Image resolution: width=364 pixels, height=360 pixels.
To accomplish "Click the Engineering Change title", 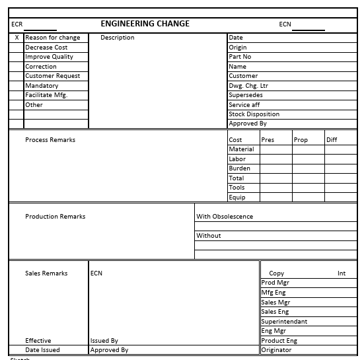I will point(145,24).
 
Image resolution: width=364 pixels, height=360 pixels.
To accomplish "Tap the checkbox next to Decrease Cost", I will point(17,48).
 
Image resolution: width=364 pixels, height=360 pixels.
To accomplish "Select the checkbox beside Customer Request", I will point(17,76).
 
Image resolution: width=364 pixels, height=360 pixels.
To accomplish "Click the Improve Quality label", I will point(49,57).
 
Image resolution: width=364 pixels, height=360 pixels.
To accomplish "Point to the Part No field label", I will point(240,57).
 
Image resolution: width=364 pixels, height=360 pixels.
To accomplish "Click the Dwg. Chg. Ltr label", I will point(248,86).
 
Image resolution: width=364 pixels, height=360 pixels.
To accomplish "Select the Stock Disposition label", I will point(254,114).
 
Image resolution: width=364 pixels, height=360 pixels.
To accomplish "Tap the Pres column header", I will point(268,140).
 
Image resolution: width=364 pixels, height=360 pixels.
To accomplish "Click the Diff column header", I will point(332,140).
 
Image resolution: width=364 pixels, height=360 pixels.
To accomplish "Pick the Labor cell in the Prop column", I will point(308,159).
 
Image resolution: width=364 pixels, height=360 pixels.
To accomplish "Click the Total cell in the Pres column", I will point(275,178).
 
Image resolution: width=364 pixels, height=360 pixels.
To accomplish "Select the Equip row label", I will point(237,198).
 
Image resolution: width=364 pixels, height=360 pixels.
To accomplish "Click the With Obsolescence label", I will point(225,217).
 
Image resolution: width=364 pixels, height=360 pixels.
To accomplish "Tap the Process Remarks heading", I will point(50,140).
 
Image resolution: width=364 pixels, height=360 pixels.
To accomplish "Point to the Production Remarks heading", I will point(55,217).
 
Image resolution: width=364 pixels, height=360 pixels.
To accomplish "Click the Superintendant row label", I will point(284,322).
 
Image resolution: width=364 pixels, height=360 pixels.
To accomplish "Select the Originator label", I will point(276,350).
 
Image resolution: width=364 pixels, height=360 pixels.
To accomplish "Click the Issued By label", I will point(104,341).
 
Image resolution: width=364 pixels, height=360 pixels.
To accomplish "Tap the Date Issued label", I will point(42,350).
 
